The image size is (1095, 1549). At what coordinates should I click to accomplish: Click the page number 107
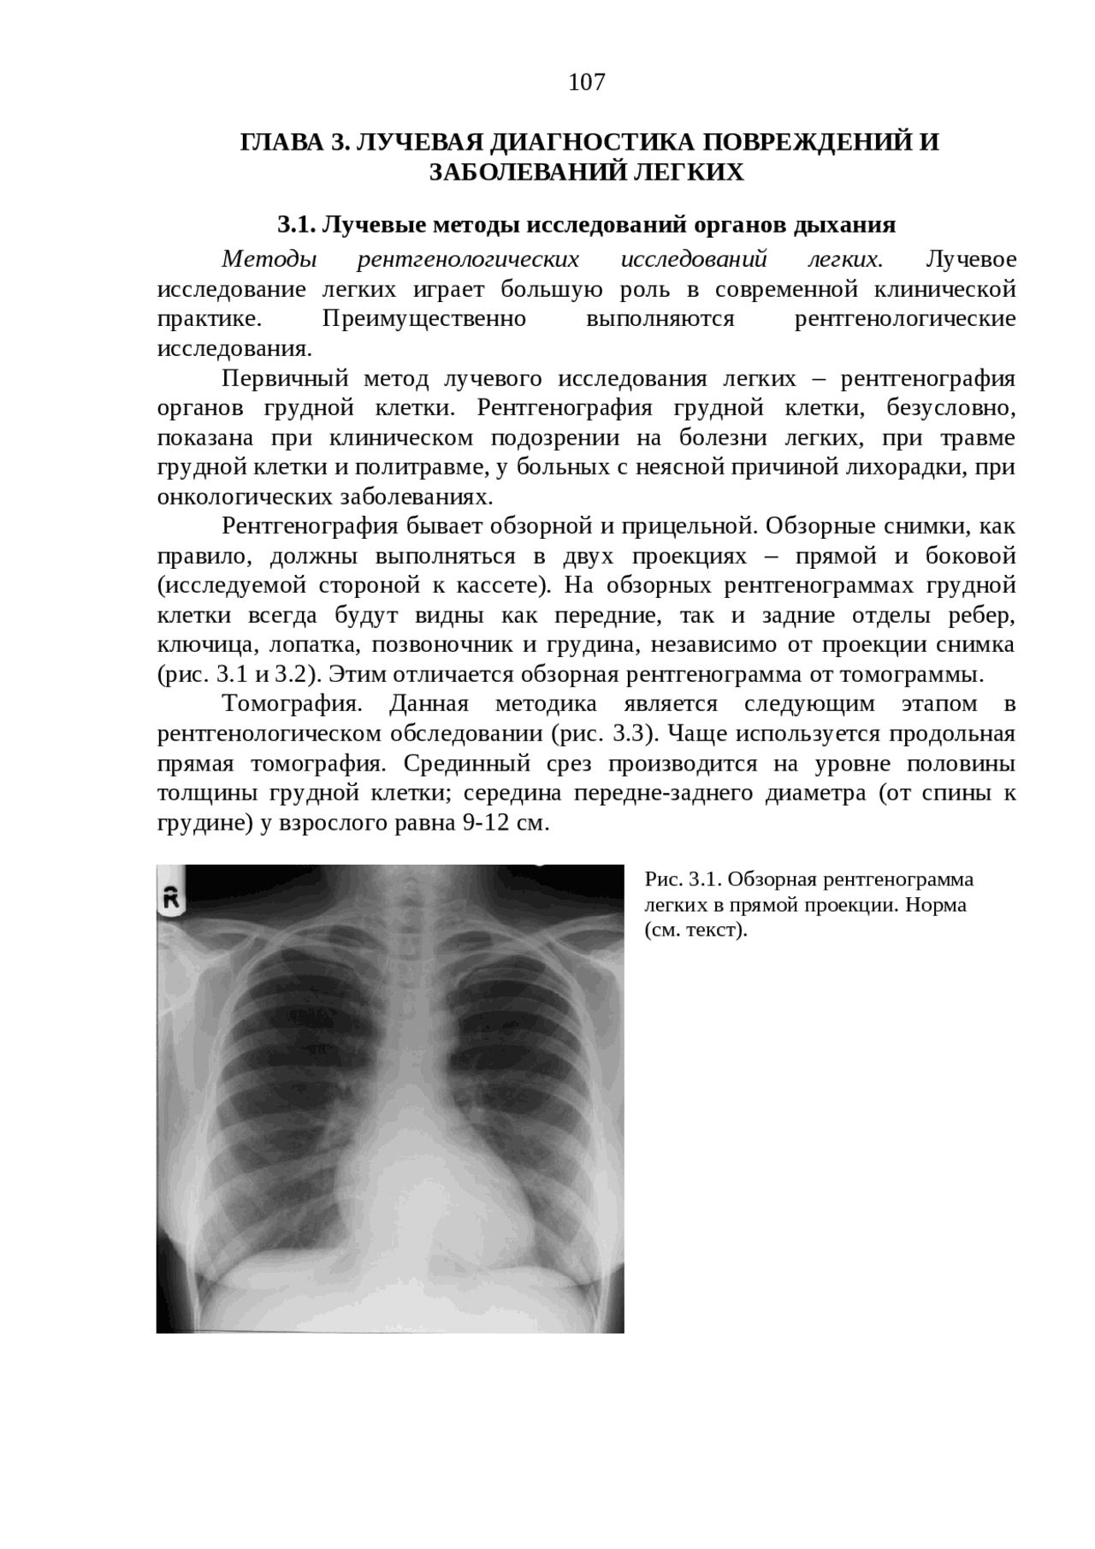click(x=587, y=83)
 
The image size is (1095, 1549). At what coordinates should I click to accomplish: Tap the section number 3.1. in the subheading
click(x=297, y=225)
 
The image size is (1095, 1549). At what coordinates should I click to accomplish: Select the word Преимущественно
click(x=424, y=319)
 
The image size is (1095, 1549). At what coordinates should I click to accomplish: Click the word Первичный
click(x=281, y=378)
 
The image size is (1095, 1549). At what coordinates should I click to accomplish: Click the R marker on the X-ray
click(x=170, y=896)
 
